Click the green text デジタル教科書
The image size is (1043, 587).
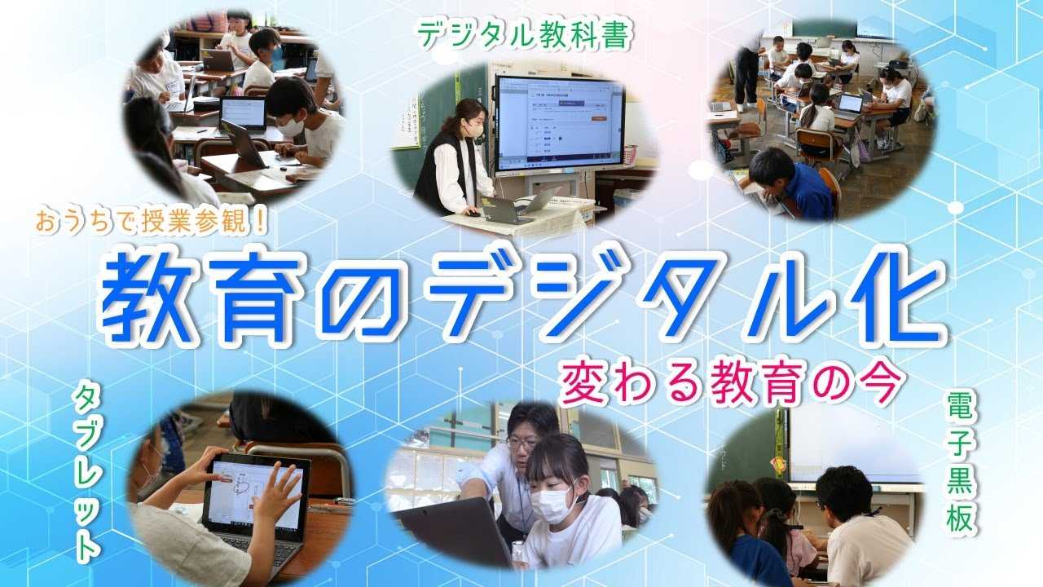coord(526,34)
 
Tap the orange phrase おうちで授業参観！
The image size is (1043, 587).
coord(152,221)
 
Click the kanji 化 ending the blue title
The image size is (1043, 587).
coord(896,298)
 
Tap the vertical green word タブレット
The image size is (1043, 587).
coord(86,474)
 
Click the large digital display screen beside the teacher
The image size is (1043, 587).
coord(560,124)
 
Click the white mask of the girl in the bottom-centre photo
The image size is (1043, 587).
coord(553,505)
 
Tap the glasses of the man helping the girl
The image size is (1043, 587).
coord(522,442)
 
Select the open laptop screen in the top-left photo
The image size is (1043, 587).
coord(243,113)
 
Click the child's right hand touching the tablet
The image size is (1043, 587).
coord(277,492)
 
